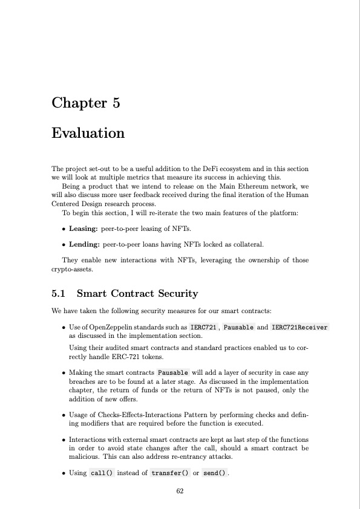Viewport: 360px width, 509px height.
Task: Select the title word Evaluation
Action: [88, 133]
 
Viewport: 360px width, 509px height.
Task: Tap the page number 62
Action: [180, 491]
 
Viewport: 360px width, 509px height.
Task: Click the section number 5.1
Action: [61, 294]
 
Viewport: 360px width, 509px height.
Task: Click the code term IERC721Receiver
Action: [299, 327]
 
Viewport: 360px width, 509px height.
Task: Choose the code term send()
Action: [215, 472]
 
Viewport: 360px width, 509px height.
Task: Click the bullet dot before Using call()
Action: [64, 472]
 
